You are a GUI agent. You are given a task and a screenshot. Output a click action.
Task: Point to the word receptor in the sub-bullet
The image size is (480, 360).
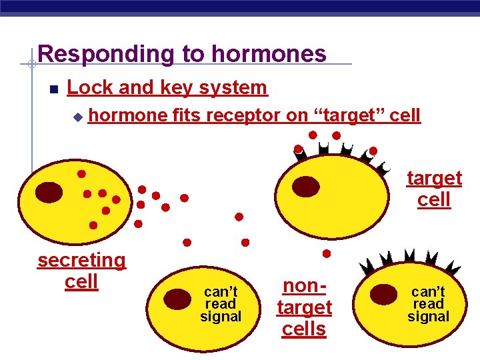point(243,115)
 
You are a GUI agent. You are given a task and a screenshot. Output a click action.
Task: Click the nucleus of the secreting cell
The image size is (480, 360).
point(49,192)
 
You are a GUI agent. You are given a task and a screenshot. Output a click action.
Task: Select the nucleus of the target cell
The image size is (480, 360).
point(306,187)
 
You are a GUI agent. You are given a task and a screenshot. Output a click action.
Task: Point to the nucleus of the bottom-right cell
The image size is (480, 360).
point(383,294)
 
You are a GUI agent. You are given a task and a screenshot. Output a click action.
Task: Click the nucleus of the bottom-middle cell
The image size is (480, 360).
point(177,299)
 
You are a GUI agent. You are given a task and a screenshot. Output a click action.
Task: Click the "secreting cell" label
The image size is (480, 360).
point(81,270)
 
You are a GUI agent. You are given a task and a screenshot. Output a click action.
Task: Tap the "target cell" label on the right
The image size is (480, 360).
point(434,189)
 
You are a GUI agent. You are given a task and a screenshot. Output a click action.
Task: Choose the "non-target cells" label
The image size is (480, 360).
point(304,307)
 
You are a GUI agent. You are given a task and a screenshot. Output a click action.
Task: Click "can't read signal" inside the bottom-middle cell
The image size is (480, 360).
point(221,304)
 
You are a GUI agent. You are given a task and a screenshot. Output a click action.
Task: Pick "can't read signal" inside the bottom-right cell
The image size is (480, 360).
point(429,304)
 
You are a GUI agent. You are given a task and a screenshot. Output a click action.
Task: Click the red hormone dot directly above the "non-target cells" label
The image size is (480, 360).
point(327,254)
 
